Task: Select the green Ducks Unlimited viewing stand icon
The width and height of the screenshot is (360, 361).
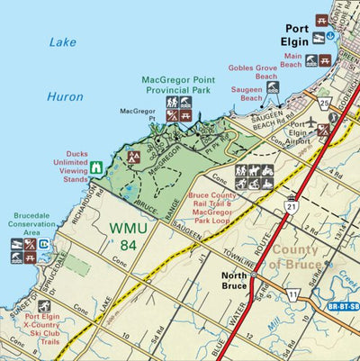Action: pyautogui.click(x=95, y=167)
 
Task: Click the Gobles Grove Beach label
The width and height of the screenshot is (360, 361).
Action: pyautogui.click(x=253, y=72)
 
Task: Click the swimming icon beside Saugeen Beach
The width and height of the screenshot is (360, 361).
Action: pyautogui.click(x=274, y=88)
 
